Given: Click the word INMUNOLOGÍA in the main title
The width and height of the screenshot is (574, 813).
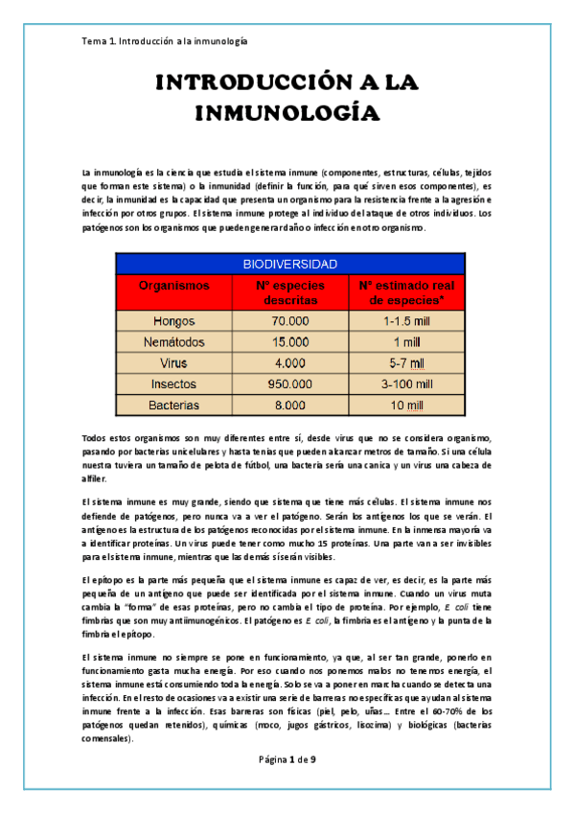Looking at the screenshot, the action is [x=287, y=113].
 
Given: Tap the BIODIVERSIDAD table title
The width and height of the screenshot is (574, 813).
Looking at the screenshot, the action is [x=288, y=263].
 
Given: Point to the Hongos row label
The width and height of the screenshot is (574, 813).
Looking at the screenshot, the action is [x=173, y=321].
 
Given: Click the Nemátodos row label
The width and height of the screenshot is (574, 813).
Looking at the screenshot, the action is [x=173, y=341].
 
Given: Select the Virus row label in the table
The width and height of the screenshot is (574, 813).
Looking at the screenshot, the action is [x=173, y=362].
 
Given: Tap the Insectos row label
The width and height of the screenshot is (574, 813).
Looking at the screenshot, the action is [x=173, y=383].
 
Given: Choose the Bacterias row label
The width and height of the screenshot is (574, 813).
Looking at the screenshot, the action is [x=173, y=405].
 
